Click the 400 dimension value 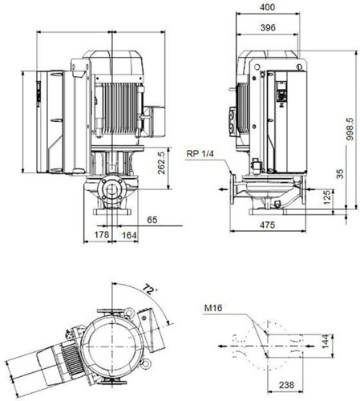pos(267,7)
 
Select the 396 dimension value pos(268,27)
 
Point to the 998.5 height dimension pos(350,129)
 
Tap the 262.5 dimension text pos(161,163)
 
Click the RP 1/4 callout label pos(200,154)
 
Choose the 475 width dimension pos(267,225)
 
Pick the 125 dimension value pos(326,197)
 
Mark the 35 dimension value pos(340,174)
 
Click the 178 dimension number pos(102,234)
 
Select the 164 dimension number pos(129,235)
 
